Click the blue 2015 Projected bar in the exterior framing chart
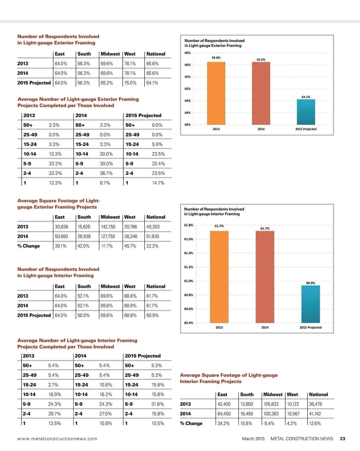point(306,112)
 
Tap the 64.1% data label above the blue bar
point(306,97)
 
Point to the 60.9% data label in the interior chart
point(310,283)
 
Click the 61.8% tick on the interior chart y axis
point(188,225)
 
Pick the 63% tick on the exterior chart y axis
point(187,125)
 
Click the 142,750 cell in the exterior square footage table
point(108,227)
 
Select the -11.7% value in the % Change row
point(107,246)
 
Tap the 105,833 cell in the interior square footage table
point(271,404)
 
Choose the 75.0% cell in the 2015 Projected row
point(130,83)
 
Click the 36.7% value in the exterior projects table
point(106,173)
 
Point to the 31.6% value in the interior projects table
point(157,404)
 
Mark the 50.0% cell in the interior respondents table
point(83,315)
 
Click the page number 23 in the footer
point(343,439)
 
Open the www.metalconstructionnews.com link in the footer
point(57,439)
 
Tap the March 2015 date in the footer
point(253,439)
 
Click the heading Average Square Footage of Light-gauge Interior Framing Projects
point(229,378)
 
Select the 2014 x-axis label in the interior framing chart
point(265,327)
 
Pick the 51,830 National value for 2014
point(153,236)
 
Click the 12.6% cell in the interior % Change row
point(315,423)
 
